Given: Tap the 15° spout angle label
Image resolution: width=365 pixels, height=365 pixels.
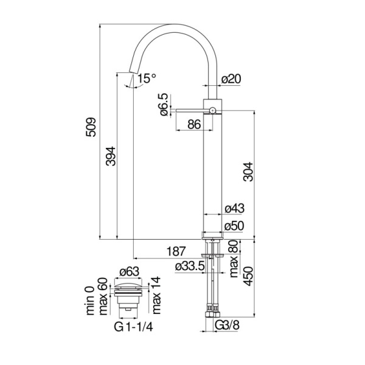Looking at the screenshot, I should (x=146, y=78).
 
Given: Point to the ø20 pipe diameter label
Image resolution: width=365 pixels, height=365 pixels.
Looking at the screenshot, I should (x=232, y=78).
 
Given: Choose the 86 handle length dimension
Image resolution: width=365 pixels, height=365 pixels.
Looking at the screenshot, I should (x=194, y=125).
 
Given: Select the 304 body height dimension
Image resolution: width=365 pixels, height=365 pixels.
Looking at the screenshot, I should (x=248, y=176).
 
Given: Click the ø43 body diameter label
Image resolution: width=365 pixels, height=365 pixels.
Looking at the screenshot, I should (x=234, y=209).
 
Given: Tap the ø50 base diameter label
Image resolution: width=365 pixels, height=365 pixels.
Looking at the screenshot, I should (x=234, y=226).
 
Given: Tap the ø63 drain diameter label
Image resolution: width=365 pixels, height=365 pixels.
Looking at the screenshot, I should (x=130, y=272).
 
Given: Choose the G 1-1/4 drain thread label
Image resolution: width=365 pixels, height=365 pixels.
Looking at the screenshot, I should (x=133, y=325).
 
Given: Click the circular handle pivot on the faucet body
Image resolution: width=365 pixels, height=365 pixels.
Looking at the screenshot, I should (x=212, y=110).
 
